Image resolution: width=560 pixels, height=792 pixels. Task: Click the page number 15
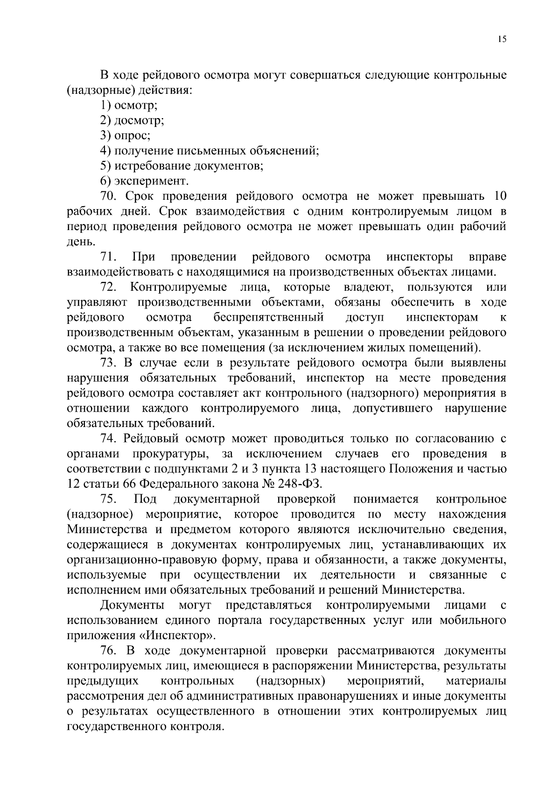coord(502,40)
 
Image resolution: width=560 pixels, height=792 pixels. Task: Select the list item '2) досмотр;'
coord(132,121)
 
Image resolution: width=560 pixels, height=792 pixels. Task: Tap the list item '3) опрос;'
coord(125,136)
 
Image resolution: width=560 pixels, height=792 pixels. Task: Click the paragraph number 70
coord(108,196)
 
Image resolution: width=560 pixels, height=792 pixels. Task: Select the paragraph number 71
coord(108,257)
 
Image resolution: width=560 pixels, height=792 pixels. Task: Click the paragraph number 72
coord(108,287)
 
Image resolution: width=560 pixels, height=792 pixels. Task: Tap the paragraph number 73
coord(108,363)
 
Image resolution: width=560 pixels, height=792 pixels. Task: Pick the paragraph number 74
coord(108,438)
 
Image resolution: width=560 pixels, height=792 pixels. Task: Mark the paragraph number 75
coord(108,499)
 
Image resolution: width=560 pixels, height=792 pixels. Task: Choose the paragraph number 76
coord(108,650)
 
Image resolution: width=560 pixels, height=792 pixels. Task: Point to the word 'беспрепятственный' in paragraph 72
coord(269,317)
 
